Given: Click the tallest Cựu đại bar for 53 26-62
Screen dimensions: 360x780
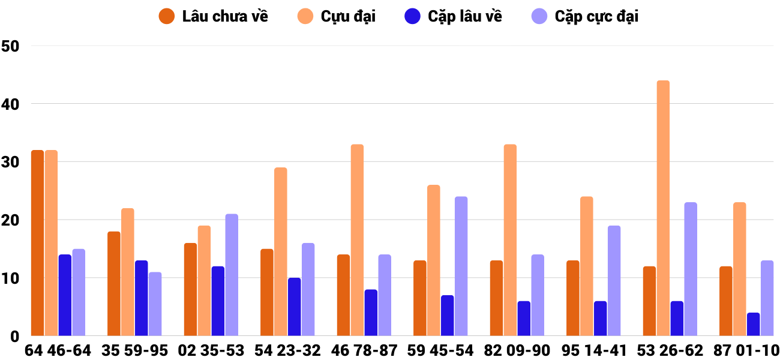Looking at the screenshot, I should (663, 208).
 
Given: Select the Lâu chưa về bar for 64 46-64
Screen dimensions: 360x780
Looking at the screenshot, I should (37, 243).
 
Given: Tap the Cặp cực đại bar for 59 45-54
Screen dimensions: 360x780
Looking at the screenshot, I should (461, 266).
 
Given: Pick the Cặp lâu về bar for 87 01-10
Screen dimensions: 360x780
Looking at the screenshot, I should (753, 325).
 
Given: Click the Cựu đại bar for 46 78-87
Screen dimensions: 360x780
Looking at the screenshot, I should (357, 240).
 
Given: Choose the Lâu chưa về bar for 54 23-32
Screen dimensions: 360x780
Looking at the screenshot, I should (267, 292).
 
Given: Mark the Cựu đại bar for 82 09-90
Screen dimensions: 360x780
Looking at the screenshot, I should (510, 240).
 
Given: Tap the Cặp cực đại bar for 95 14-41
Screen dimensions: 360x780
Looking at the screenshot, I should (614, 281).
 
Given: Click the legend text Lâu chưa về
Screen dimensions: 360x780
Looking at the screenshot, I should (225, 16).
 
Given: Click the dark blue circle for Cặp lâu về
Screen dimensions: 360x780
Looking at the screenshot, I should (412, 16).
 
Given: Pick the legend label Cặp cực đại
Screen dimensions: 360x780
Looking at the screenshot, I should (596, 16).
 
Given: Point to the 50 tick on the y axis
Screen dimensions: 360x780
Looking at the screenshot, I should (10, 46).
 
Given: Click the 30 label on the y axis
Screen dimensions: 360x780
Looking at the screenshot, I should (10, 162).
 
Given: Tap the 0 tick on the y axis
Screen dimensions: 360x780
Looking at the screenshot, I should (14, 337).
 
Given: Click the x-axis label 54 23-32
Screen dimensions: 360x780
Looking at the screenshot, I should (287, 350).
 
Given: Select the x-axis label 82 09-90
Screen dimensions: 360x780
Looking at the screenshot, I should (517, 350).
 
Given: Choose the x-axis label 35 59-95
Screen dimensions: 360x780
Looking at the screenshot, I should (134, 350).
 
